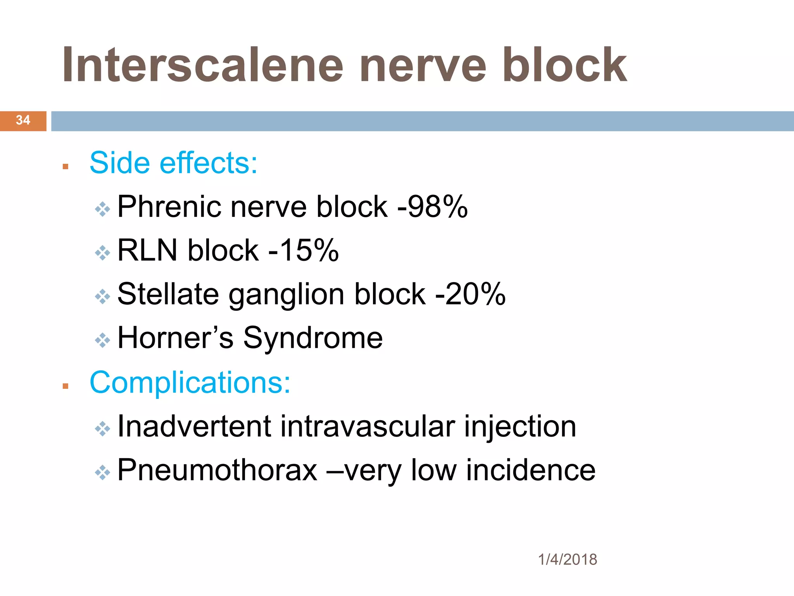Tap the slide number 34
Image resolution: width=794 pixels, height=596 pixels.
point(23,120)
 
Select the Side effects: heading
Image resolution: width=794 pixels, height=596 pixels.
point(173,163)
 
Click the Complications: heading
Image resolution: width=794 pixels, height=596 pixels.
point(190,383)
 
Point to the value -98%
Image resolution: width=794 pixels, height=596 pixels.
point(433,207)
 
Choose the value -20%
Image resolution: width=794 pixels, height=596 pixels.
point(470,294)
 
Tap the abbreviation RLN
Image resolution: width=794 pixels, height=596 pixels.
point(147,251)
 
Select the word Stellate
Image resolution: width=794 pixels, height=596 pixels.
point(168,294)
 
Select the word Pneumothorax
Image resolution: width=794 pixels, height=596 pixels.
point(217,470)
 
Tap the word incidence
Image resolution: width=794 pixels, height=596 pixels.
point(531,470)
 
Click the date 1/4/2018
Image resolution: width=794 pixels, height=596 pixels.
point(568,560)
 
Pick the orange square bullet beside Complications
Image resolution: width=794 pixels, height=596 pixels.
point(65,386)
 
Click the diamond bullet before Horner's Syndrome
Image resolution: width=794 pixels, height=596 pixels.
point(103,340)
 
